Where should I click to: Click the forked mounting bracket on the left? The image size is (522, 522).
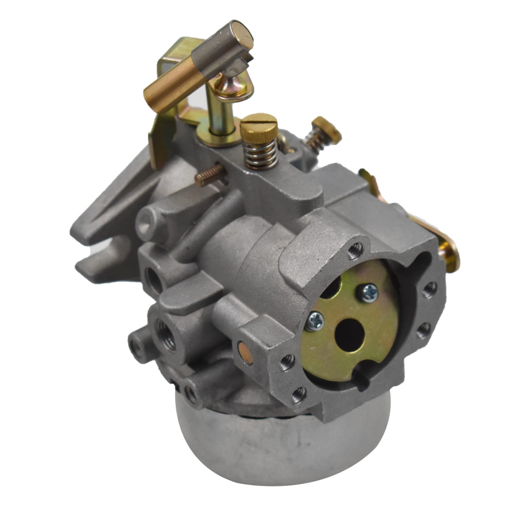click(101, 245)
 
